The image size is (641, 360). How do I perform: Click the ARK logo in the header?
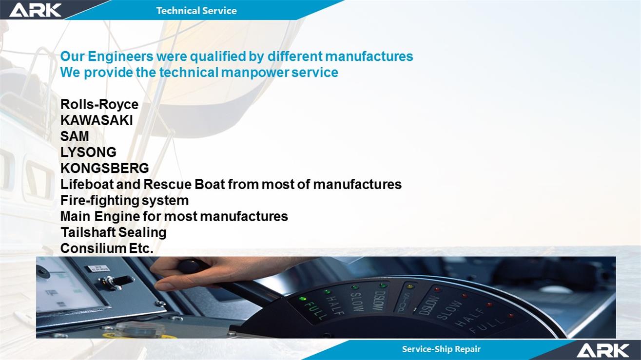coord(35,10)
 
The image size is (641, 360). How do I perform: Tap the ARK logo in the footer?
coord(602,351)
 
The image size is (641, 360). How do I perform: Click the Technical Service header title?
coord(196,11)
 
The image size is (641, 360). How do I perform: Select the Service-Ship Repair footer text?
coord(441,349)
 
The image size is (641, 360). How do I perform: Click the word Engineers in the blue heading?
coord(120,57)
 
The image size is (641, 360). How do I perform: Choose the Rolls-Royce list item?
coord(99,104)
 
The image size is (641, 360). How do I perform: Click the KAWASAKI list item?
coord(97,120)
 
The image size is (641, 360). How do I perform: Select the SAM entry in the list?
coord(75,136)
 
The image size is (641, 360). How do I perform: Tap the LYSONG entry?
coord(88,152)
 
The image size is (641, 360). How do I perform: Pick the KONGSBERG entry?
coord(104,169)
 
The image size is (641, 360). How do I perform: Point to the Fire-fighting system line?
coord(124,201)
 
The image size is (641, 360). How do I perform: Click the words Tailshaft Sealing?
coord(113,232)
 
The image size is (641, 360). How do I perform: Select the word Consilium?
coord(93,248)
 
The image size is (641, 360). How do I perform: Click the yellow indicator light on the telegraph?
coord(410,286)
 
